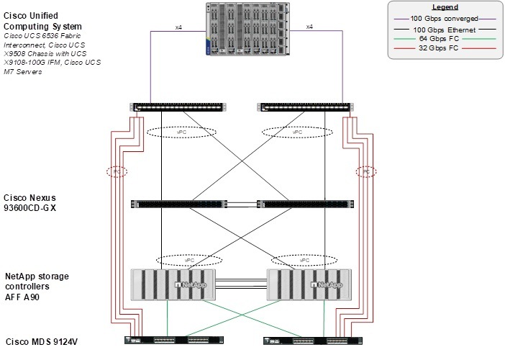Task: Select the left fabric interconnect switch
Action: pos(178,107)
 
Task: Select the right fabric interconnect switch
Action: pos(305,107)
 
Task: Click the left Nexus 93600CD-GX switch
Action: pos(179,204)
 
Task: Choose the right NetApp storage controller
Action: pos(311,284)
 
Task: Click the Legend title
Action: pos(445,7)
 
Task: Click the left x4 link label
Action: pos(179,27)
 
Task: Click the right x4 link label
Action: pos(309,27)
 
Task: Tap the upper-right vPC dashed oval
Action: pos(296,132)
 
